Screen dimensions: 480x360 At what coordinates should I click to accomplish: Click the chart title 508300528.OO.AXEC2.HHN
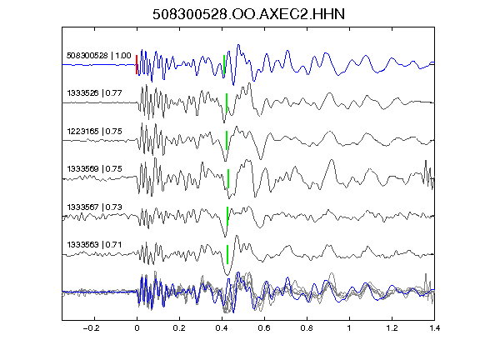point(248,14)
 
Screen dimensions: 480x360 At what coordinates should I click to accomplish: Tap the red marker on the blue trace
point(137,65)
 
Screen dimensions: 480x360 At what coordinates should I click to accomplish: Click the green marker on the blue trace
point(224,64)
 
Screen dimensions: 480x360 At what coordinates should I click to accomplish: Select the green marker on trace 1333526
point(227,102)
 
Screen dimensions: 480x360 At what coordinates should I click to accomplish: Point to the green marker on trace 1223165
point(227,140)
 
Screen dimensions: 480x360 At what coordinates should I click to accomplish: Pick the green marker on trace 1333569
point(228,178)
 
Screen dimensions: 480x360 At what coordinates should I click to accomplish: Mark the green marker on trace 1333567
point(227,216)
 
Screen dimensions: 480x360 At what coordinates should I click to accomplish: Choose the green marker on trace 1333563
point(227,254)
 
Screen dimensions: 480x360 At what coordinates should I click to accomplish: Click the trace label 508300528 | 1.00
point(99,56)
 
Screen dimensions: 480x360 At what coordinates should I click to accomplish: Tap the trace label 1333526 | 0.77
point(95,93)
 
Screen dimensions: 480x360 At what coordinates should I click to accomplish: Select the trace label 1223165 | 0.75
point(95,132)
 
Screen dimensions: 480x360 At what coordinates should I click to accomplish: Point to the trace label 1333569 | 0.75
point(95,169)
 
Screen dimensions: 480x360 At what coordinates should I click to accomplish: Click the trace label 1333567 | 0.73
point(95,207)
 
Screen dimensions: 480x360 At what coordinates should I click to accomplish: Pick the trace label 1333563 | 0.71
point(95,245)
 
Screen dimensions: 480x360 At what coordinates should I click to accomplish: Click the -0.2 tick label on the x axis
point(91,328)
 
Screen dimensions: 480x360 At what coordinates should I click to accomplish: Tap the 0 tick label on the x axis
point(137,328)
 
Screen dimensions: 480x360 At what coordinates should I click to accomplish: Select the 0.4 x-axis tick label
point(222,328)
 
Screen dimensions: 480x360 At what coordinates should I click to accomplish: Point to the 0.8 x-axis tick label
point(307,328)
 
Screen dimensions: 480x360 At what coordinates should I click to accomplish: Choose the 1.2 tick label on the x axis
point(392,328)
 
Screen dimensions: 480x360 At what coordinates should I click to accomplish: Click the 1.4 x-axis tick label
point(434,328)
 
